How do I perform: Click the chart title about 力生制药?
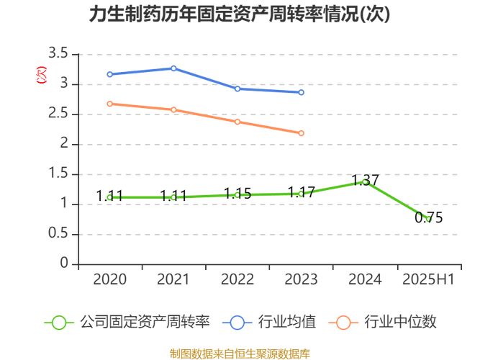[240, 15]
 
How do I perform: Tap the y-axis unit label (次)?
[41, 73]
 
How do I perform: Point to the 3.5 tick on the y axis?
[58, 54]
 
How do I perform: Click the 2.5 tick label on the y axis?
[58, 114]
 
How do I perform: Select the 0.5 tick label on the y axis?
[58, 234]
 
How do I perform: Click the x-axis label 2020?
[110, 279]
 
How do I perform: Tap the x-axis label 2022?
[237, 279]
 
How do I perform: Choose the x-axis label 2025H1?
[428, 279]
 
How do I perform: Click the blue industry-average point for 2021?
[173, 68]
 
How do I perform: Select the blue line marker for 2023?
[301, 92]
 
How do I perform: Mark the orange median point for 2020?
[110, 104]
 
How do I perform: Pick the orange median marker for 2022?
[237, 122]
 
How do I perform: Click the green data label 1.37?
[365, 180]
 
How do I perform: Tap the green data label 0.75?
[429, 217]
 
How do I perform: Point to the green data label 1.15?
[237, 194]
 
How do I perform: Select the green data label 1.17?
[301, 192]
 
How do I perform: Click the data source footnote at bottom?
[240, 354]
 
